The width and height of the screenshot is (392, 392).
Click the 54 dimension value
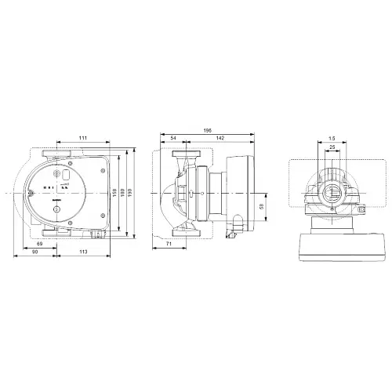pyautogui.click(x=172, y=138)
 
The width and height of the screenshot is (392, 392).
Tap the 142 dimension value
pyautogui.click(x=222, y=138)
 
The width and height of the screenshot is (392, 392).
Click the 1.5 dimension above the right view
pyautogui.click(x=332, y=138)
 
